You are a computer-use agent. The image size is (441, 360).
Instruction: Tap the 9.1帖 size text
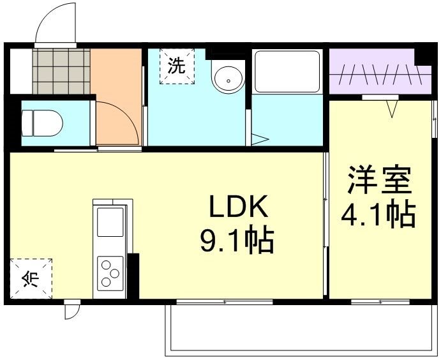point(237,241)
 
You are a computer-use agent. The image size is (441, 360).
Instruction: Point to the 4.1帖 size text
point(379,215)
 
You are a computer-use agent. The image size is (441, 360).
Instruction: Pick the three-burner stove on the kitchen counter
point(110,273)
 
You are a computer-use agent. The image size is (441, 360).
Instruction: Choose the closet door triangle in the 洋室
point(392,109)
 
